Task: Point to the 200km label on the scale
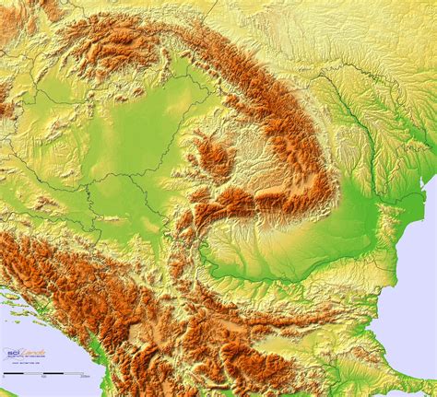point(85,377)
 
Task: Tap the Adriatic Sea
point(18,318)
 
